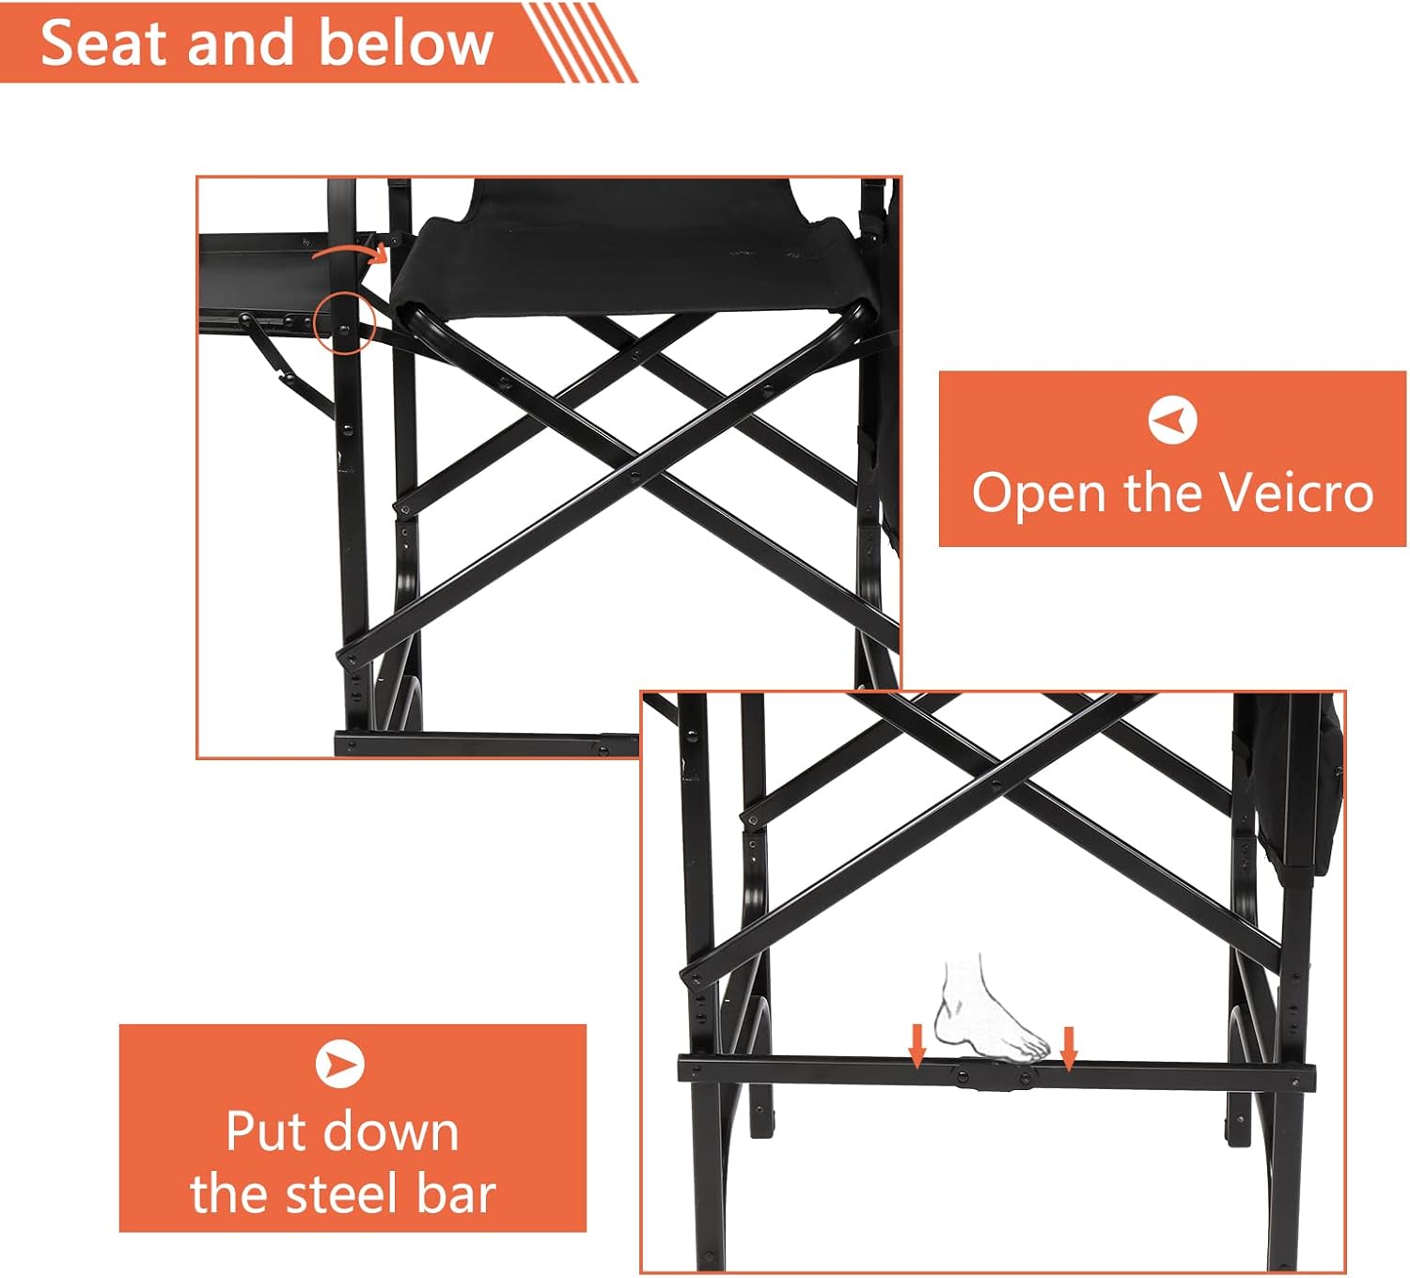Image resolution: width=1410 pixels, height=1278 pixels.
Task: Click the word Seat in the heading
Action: point(104,43)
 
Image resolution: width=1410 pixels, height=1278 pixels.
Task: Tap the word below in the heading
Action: point(406,42)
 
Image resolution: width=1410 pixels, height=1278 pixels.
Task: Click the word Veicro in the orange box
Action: point(1295,492)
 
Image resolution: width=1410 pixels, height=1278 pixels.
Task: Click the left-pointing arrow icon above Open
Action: point(1172,420)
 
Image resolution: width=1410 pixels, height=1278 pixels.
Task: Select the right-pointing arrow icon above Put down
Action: point(340,1064)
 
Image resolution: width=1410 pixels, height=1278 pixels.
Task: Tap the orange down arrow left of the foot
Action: point(916,1047)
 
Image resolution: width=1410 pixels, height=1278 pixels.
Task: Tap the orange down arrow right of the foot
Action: point(1069,1048)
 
